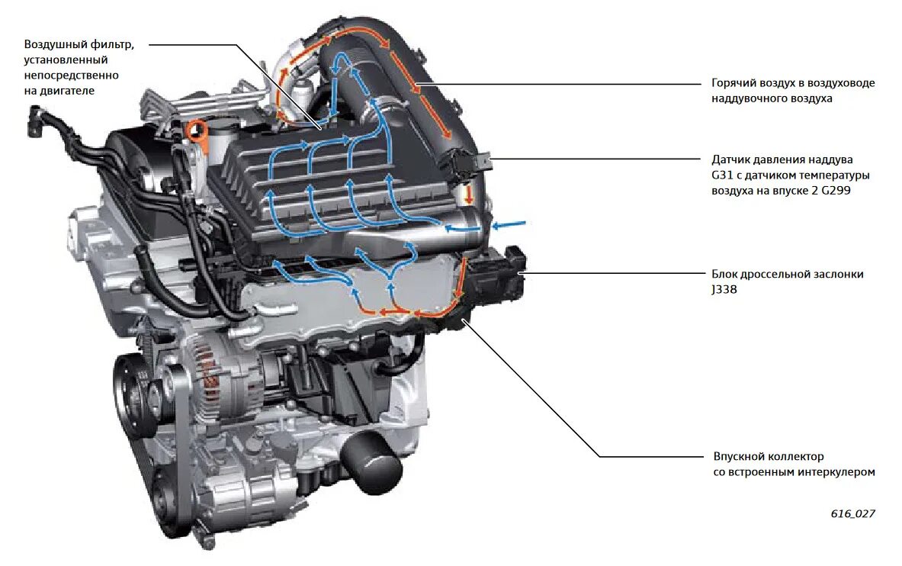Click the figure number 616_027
(852, 513)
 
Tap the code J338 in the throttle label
(726, 289)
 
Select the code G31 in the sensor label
(723, 175)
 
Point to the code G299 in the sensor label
(833, 191)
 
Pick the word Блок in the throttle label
(726, 274)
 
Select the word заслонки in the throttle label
(839, 274)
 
